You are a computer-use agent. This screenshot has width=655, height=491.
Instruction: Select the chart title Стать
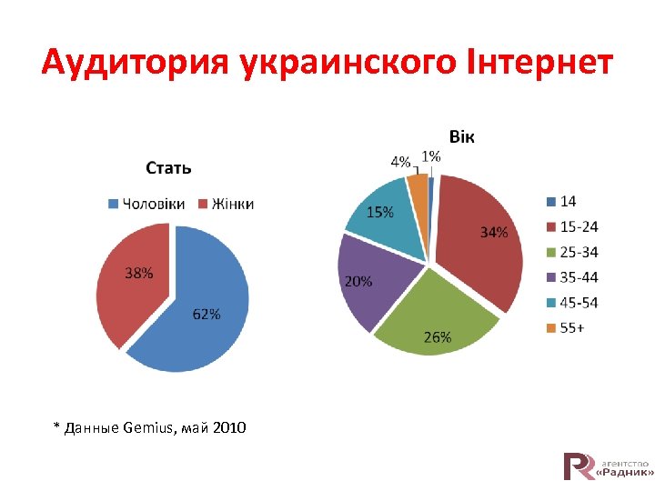pyautogui.click(x=169, y=167)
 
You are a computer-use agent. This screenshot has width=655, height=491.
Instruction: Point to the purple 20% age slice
pyautogui.click(x=368, y=277)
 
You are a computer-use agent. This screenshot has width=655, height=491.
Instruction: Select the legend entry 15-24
pyautogui.click(x=579, y=226)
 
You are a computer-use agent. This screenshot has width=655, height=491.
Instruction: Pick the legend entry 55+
pyautogui.click(x=572, y=328)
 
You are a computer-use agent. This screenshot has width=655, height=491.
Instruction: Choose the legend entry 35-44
pyautogui.click(x=579, y=277)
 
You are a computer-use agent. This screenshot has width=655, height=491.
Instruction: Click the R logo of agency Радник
pyautogui.click(x=579, y=466)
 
